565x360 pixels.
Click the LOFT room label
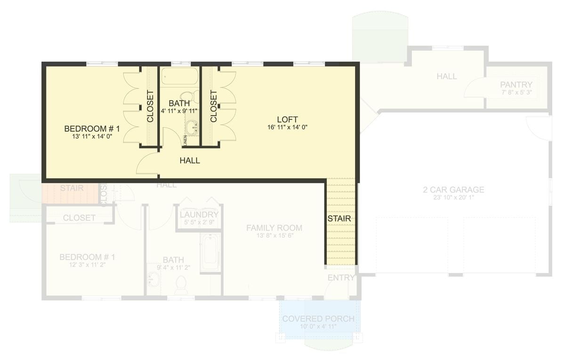(x=287, y=119)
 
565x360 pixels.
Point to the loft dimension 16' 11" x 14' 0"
(x=287, y=127)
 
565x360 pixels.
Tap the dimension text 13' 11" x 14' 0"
(x=92, y=137)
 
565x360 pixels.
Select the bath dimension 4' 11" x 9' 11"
(x=179, y=111)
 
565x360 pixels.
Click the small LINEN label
(x=186, y=140)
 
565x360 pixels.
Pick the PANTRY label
(x=516, y=85)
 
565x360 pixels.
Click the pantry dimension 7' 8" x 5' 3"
(x=517, y=92)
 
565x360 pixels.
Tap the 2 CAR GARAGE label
(x=453, y=190)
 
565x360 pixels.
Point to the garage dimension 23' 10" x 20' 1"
(x=453, y=198)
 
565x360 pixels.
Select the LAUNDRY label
(x=199, y=215)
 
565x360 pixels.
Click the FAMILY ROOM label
(x=274, y=228)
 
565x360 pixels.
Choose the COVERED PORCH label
(x=318, y=319)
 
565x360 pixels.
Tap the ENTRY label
(x=341, y=278)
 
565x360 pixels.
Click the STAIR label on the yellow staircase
(x=339, y=219)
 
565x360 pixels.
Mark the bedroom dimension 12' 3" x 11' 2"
(x=87, y=265)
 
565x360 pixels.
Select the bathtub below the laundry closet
(x=210, y=253)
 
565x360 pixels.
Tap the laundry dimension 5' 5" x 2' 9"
(x=199, y=222)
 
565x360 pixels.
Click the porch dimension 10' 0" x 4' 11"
(x=318, y=327)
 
